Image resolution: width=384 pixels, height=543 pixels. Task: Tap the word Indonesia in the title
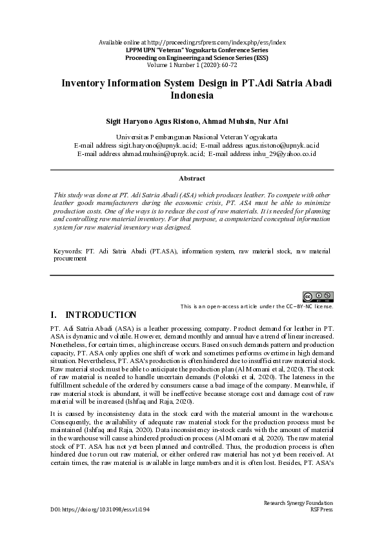point(192,96)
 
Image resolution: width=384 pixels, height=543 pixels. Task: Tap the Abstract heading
point(192,178)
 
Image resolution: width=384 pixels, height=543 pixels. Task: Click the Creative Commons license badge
point(319,297)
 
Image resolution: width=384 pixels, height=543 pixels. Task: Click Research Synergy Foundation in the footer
point(298,502)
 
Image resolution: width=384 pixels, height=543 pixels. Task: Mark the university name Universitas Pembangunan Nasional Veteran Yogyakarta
point(192,137)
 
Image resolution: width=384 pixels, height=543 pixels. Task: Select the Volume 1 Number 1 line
point(192,66)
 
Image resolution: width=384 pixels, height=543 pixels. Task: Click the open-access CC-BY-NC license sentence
point(257,306)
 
